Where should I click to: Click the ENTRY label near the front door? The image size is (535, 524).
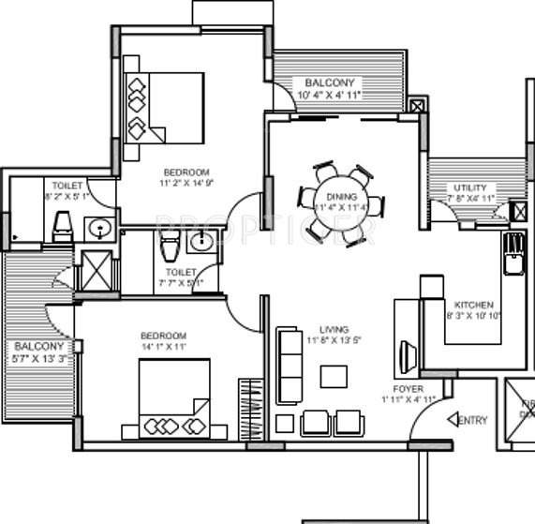[x=472, y=421]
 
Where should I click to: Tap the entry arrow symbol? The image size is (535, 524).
[x=453, y=420]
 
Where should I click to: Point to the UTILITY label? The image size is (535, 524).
[x=469, y=187]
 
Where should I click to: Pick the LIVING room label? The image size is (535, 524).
[x=334, y=329]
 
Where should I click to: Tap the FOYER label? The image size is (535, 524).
[x=408, y=388]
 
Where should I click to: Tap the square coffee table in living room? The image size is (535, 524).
[x=333, y=376]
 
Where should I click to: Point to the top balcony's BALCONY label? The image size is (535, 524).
[x=329, y=82]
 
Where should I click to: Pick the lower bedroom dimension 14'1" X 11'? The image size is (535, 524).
[x=164, y=347]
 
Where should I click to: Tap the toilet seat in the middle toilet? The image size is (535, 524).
[x=169, y=247]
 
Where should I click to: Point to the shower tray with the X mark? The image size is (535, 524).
[x=97, y=271]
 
